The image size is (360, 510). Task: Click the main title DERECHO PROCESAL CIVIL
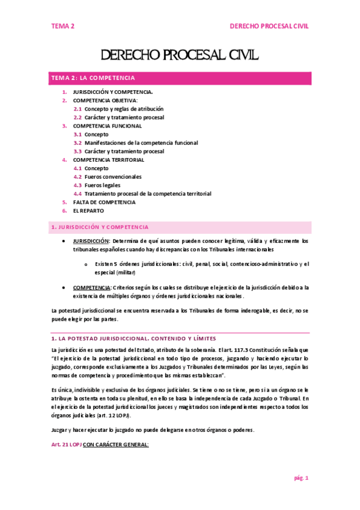[x=180, y=56]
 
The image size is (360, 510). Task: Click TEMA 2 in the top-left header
[x=63, y=26]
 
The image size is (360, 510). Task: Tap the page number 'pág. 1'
[x=301, y=478]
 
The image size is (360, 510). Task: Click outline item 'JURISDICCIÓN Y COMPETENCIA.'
[x=112, y=92]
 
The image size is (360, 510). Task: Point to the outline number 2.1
[x=78, y=109]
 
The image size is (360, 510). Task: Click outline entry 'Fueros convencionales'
[x=113, y=177]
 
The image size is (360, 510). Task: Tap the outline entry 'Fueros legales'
[x=102, y=185]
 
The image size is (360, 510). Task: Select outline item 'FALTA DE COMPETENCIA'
[x=104, y=203]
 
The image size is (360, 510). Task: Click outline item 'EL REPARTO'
[x=88, y=211]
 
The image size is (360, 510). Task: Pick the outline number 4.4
[x=78, y=194]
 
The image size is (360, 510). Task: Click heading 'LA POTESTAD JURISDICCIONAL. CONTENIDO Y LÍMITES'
[x=133, y=339]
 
